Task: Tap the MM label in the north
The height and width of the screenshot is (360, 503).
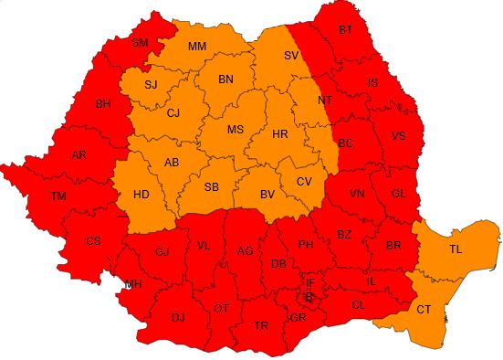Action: click(197, 47)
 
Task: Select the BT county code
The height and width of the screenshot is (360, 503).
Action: click(345, 30)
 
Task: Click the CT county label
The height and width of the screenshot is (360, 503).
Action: click(424, 310)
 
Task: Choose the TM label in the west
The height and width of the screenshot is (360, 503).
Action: click(58, 196)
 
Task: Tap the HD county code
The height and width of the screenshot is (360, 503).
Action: click(141, 195)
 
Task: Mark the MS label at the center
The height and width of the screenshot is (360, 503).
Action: click(235, 130)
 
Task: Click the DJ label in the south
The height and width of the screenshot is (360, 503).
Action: click(178, 317)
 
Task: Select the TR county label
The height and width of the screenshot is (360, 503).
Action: click(262, 325)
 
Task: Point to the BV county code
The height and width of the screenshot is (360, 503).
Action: click(267, 195)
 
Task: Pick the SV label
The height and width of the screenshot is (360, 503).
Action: click(291, 56)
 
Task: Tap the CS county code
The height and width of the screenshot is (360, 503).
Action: click(93, 241)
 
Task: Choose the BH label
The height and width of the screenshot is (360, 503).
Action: click(103, 104)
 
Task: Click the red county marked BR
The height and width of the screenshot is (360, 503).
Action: click(393, 246)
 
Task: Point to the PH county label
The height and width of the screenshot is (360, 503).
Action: click(306, 245)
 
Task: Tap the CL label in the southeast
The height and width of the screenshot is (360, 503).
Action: click(358, 304)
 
